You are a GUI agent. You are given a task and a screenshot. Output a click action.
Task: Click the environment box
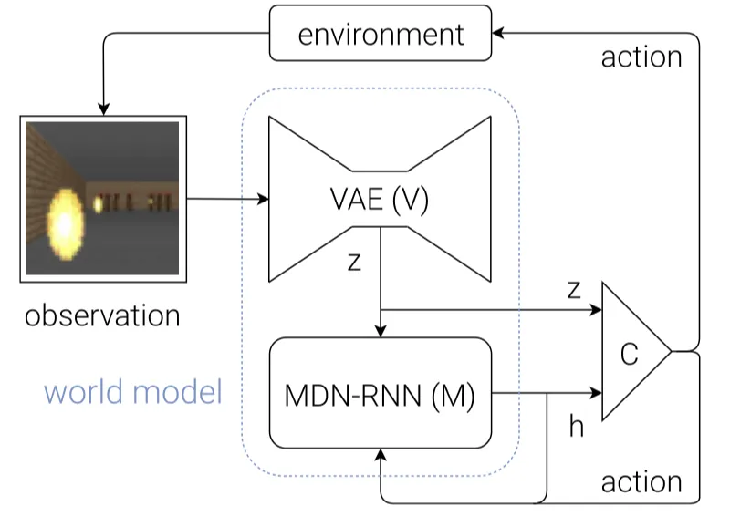coord(381,35)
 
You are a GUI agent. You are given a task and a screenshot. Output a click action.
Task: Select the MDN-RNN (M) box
coord(379,397)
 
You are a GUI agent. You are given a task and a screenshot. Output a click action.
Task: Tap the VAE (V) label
coord(380,201)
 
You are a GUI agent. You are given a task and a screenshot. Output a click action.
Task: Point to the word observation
coord(101,315)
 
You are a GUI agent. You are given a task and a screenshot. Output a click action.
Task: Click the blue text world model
coord(133,392)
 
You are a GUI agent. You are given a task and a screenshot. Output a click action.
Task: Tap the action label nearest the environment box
coord(641,57)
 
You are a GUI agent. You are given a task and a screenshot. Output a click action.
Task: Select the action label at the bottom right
coord(641,480)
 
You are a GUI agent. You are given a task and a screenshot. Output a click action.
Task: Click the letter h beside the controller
coord(576,426)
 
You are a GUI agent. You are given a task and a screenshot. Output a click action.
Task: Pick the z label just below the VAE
coord(354,261)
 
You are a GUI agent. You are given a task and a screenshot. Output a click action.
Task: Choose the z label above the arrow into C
coord(574,289)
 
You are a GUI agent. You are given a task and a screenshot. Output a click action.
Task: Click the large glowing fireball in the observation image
coord(63,219)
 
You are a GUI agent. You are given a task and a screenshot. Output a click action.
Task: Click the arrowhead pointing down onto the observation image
coord(103,108)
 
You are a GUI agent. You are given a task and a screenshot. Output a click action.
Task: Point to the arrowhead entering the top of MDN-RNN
coord(379,332)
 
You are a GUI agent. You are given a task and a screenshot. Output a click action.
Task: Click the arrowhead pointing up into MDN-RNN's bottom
coord(379,454)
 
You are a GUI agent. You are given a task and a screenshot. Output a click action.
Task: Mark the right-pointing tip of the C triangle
coord(671,351)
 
